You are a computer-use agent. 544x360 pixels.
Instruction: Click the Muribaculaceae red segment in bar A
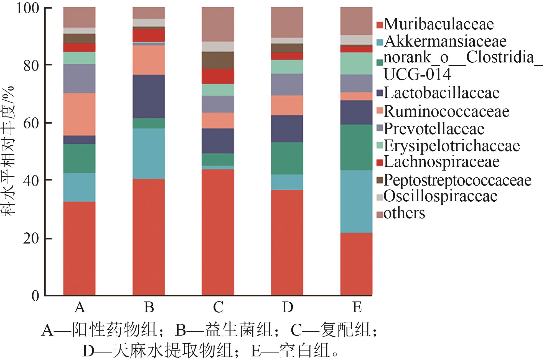pyautogui.click(x=79, y=248)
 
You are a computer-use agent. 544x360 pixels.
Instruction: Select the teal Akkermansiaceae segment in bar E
pyautogui.click(x=356, y=202)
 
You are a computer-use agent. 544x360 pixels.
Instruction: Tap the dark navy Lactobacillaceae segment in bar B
pyautogui.click(x=149, y=97)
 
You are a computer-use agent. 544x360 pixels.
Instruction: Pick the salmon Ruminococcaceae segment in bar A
pyautogui.click(x=79, y=114)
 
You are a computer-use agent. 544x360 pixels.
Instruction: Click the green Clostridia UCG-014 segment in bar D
pyautogui.click(x=287, y=158)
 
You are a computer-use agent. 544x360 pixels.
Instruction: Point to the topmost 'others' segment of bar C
pyautogui.click(x=218, y=24)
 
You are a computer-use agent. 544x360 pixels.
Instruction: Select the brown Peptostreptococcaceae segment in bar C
pyautogui.click(x=218, y=60)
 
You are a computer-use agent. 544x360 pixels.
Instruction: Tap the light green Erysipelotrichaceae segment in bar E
pyautogui.click(x=356, y=64)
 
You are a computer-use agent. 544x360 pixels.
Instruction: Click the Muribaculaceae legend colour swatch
pyautogui.click(x=380, y=25)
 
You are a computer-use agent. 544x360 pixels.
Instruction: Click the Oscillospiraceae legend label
pyautogui.click(x=440, y=196)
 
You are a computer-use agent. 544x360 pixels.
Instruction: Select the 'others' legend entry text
pyautogui.click(x=404, y=213)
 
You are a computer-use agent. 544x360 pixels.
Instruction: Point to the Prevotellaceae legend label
pyautogui.click(x=434, y=129)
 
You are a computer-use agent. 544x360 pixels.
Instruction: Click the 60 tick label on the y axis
pyautogui.click(x=31, y=123)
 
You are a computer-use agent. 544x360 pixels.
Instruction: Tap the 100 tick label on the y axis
pyautogui.click(x=27, y=8)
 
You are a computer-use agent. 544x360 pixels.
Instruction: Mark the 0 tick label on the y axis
pyautogui.click(x=35, y=296)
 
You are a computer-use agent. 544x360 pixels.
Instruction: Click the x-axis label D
pyautogui.click(x=288, y=307)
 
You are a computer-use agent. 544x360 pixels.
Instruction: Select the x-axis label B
pyautogui.click(x=149, y=307)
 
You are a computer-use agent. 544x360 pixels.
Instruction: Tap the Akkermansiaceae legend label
pyautogui.click(x=445, y=41)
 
